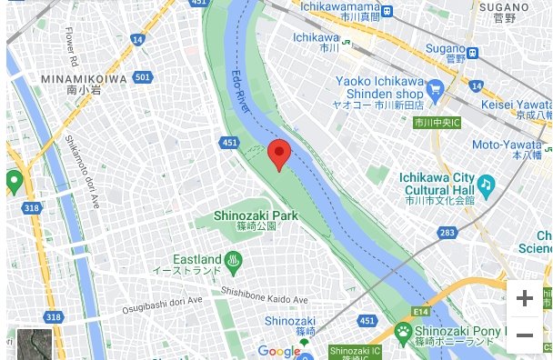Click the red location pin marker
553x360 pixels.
279,155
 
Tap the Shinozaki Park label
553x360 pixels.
256,215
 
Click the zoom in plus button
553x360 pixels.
524,298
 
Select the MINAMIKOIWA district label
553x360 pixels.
84,79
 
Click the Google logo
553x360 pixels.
278,351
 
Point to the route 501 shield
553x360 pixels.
141,77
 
